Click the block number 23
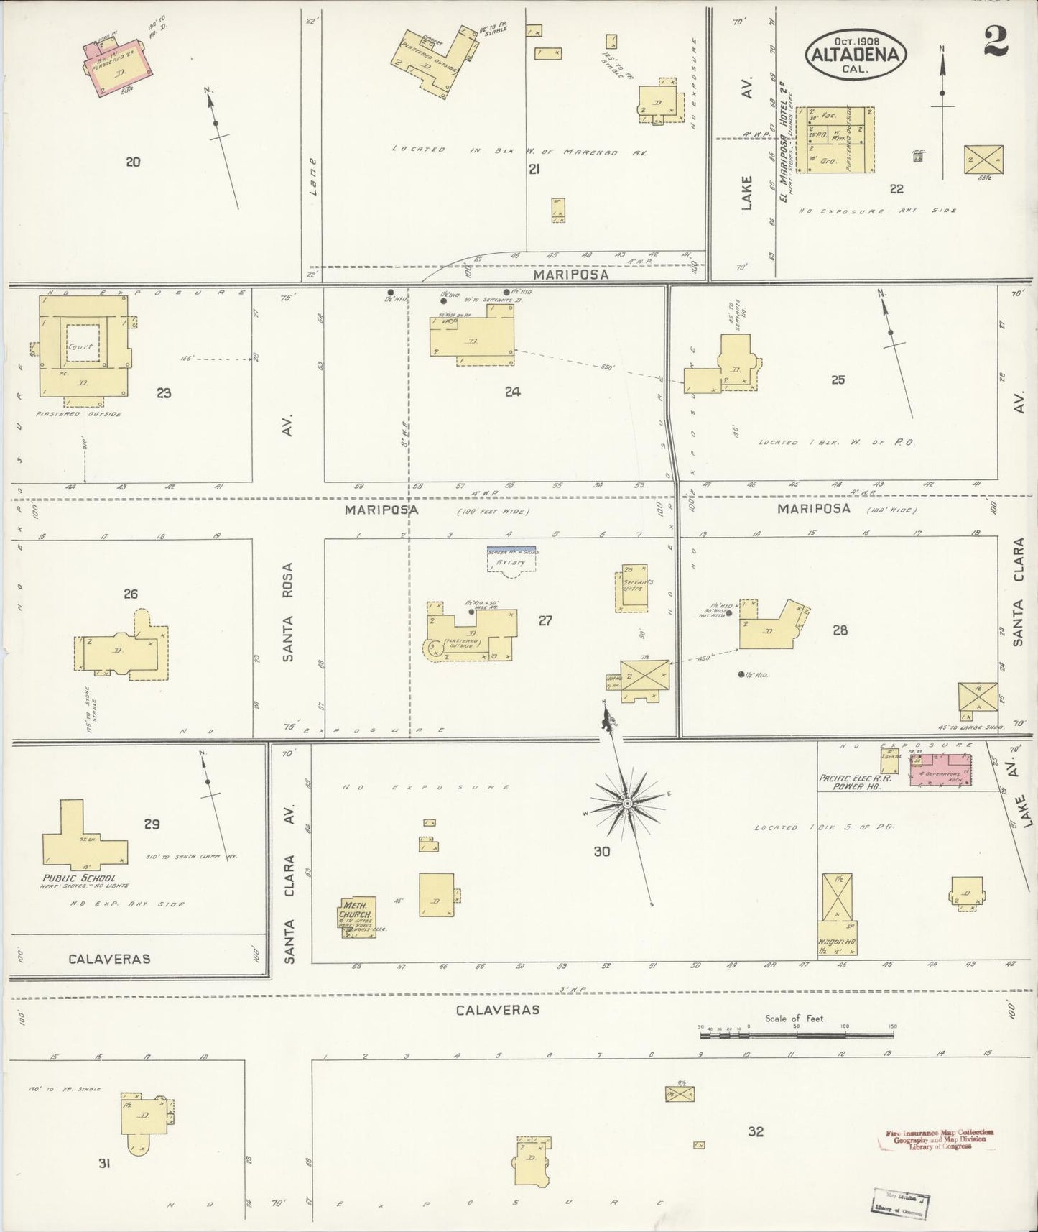[x=164, y=393]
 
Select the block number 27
[x=545, y=620]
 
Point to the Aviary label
[x=512, y=562]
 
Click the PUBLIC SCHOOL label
[x=78, y=878]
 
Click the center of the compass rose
[x=627, y=802]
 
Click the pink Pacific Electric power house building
[x=940, y=770]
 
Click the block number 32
[x=755, y=1131]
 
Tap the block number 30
[x=602, y=852]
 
